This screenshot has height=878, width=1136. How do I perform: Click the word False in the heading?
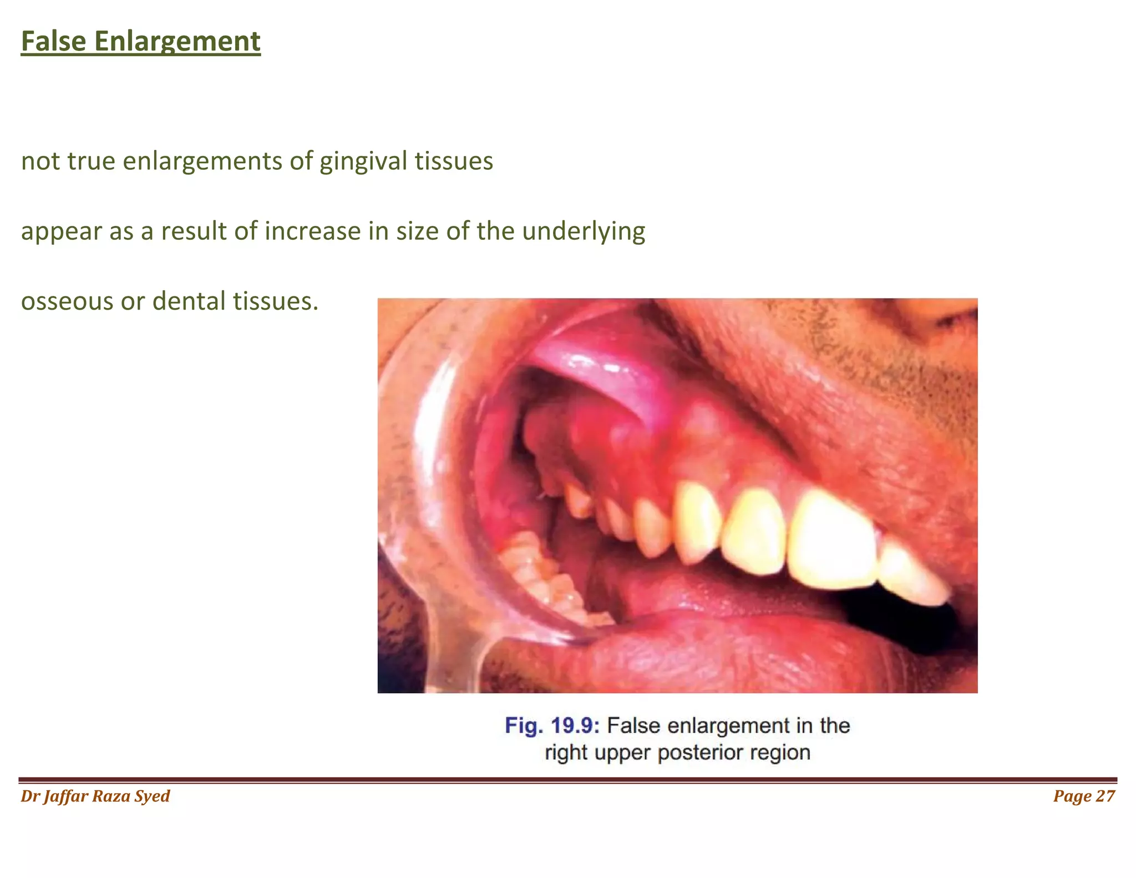tap(53, 42)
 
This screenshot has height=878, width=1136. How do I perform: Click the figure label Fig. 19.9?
tap(552, 726)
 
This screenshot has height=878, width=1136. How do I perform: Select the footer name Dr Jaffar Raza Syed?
tap(95, 796)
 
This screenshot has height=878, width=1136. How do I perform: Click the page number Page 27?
tap(1084, 796)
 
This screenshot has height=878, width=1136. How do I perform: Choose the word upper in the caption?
tap(626, 753)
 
